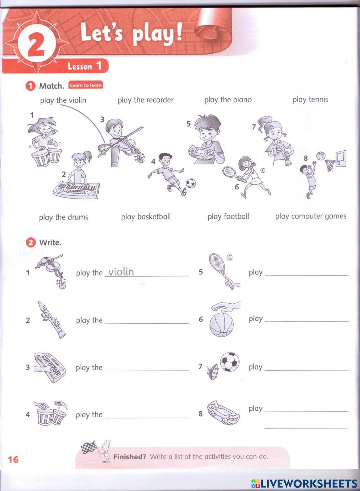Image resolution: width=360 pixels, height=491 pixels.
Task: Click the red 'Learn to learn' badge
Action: pyautogui.click(x=86, y=85)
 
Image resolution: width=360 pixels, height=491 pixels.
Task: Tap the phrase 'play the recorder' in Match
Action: pyautogui.click(x=145, y=100)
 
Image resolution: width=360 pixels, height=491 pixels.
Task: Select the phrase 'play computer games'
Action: pyautogui.click(x=311, y=216)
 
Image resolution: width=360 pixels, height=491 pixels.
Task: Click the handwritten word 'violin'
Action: pyautogui.click(x=121, y=272)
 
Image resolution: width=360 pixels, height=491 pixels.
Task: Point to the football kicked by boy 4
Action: pyautogui.click(x=190, y=183)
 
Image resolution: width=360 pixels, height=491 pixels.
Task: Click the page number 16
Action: pyautogui.click(x=13, y=459)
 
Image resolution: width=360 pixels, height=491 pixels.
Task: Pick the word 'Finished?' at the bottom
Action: pyautogui.click(x=130, y=457)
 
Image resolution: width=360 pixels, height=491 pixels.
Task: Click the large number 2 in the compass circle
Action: pyautogui.click(x=36, y=46)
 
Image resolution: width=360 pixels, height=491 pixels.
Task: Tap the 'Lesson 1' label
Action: pyautogui.click(x=85, y=66)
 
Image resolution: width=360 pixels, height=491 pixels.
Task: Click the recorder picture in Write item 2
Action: pyautogui.click(x=51, y=319)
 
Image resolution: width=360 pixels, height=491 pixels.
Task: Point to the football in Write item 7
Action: pyautogui.click(x=229, y=362)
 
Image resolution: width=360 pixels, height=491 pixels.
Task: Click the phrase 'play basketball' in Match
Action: pyautogui.click(x=146, y=217)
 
